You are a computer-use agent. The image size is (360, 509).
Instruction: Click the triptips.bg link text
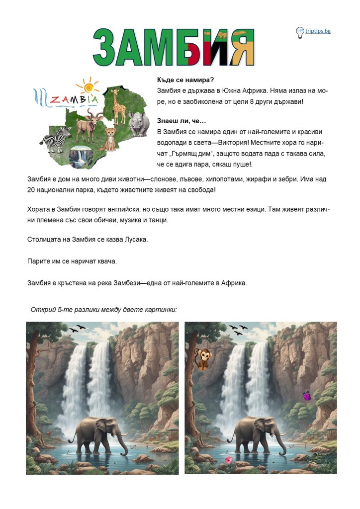pos(318,31)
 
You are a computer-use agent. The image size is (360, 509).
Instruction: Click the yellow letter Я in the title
pos(240,48)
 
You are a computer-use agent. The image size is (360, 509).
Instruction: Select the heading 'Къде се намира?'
pos(182,80)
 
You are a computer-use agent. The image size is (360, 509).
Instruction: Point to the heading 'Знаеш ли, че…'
pos(181,121)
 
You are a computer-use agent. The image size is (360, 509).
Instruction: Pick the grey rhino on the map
pos(139,123)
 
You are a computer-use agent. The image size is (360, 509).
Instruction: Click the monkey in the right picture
pos(201,358)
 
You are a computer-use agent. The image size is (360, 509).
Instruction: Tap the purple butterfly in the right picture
pos(307,396)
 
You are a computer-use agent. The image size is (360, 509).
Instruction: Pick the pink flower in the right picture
pos(228,460)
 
